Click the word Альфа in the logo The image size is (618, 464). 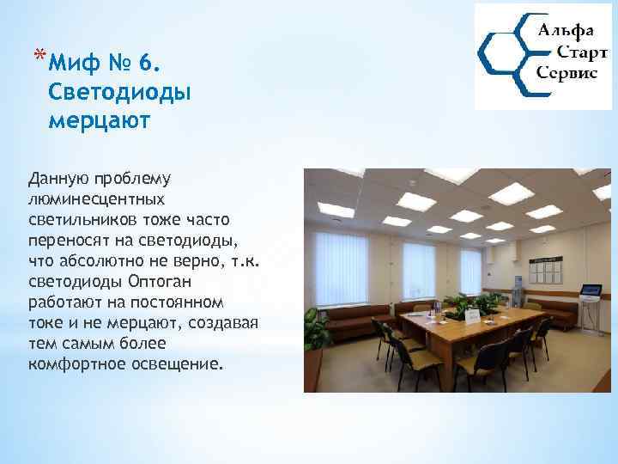566,32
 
